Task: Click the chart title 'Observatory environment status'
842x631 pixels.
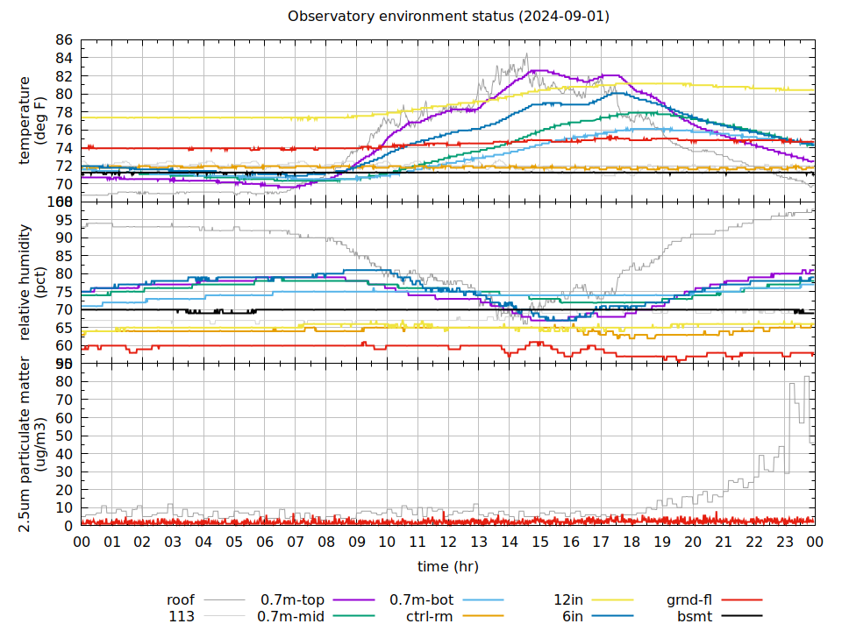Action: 448,17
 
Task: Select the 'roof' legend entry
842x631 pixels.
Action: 181,600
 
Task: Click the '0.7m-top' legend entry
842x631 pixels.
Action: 292,600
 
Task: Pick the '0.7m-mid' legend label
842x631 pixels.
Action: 290,617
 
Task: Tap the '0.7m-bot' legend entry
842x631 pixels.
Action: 421,600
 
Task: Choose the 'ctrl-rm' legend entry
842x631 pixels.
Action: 429,617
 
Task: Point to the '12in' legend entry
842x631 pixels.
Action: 568,600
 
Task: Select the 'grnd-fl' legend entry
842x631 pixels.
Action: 689,600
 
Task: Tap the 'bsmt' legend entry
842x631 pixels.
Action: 694,617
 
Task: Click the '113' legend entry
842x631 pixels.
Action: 182,617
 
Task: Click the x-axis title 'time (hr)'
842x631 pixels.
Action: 447,566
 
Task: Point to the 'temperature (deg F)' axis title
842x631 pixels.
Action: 32,121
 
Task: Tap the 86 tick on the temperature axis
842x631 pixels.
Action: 63,40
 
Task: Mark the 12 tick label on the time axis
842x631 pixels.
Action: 448,542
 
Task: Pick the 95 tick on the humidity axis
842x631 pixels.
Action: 63,219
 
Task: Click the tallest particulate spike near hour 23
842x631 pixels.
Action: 806,378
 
